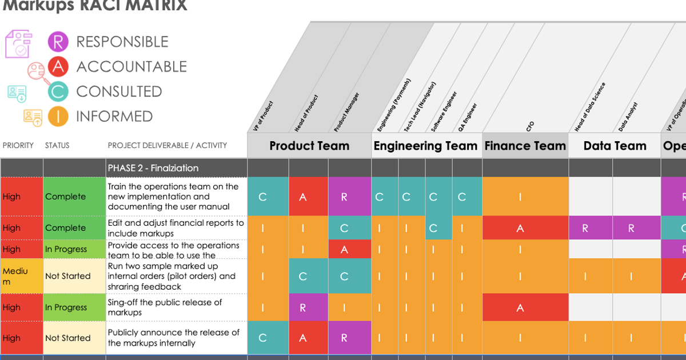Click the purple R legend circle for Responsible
pyautogui.click(x=58, y=42)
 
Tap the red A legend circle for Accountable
pyautogui.click(x=58, y=67)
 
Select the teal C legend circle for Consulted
pyautogui.click(x=58, y=91)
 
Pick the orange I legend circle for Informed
pyautogui.click(x=58, y=117)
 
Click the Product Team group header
pyautogui.click(x=309, y=146)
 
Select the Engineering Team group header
pyautogui.click(x=425, y=146)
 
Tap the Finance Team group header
pyautogui.click(x=525, y=146)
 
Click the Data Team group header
pyautogui.click(x=615, y=146)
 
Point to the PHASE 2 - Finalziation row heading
pyautogui.click(x=153, y=168)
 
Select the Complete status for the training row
pyautogui.click(x=66, y=197)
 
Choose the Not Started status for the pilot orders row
pyautogui.click(x=68, y=276)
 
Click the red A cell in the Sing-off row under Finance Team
pyautogui.click(x=520, y=307)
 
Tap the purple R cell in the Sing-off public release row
pyautogui.click(x=302, y=307)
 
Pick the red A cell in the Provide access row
pyautogui.click(x=344, y=249)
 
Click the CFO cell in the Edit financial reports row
pyautogui.click(x=520, y=228)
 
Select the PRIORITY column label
pyautogui.click(x=18, y=145)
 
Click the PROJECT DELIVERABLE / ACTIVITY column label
pyautogui.click(x=167, y=145)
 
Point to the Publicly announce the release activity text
pyautogui.click(x=174, y=338)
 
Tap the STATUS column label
pyautogui.click(x=57, y=145)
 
